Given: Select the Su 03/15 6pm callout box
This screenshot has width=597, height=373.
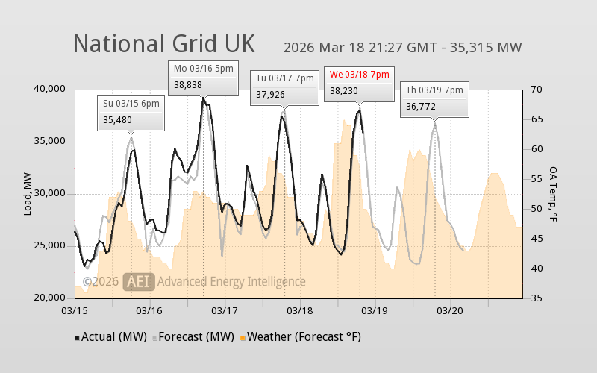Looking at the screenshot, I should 131,113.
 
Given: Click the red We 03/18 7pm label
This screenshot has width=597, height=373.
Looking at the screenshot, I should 360,75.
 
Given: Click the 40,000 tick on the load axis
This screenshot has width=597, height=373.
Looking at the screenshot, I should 50,90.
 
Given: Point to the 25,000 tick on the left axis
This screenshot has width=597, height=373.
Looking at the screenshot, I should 50,246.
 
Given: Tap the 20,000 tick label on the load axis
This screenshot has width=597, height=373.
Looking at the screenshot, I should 50,298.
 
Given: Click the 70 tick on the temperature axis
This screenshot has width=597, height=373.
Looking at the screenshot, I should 536,90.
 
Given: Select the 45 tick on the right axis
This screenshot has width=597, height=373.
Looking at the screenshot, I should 536,239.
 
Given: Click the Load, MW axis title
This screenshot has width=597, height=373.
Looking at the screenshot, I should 28,194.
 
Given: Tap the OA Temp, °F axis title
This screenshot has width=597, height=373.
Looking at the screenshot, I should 554,194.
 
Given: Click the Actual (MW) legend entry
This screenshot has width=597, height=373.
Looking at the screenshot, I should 110,337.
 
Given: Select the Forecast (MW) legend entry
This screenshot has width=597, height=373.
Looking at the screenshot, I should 194,337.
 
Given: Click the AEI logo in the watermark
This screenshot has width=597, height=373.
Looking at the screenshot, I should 139,281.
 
